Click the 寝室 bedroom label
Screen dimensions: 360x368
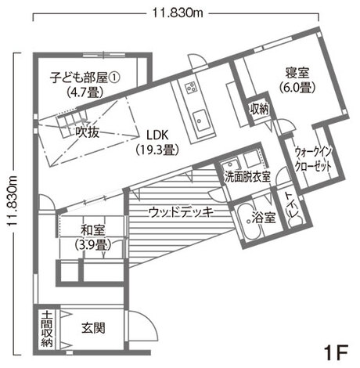pos(297,73)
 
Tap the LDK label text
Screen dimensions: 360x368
pos(157,135)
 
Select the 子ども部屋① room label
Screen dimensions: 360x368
pos(85,78)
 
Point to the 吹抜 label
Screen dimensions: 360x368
pos(87,132)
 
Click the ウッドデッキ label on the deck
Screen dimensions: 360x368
pos(181,212)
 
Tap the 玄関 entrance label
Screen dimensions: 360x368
pos(93,328)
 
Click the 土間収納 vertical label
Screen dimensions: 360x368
pos(47,328)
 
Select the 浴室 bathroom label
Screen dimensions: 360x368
pos(264,218)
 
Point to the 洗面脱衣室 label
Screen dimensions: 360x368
pos(247,177)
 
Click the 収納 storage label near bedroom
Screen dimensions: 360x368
pos(260,109)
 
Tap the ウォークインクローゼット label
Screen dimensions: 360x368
pos(313,159)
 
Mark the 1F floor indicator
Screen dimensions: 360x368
pos(336,352)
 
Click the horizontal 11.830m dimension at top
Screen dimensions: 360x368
pos(178,13)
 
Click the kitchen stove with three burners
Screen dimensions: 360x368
pos(191,88)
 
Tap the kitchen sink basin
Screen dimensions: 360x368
pos(201,121)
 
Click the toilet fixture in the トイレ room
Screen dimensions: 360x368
pos(296,221)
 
